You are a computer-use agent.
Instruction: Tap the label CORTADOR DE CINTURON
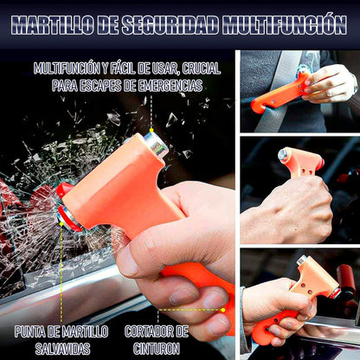(156, 338)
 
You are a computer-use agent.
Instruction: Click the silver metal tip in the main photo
(157, 145)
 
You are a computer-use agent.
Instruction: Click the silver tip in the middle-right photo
(281, 153)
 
